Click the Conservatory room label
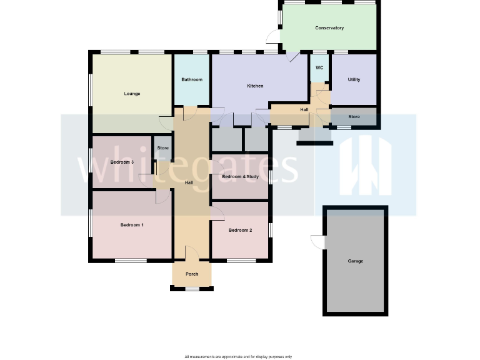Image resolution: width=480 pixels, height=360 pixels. [329, 28]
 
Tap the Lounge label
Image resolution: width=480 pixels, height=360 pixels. [132, 94]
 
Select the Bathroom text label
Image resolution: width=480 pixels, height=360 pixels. [192, 79]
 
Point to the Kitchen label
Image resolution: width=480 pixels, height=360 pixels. [255, 86]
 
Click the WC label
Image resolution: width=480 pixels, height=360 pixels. [319, 67]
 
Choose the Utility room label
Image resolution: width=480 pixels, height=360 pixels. [354, 79]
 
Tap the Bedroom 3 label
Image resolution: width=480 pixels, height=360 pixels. [122, 162]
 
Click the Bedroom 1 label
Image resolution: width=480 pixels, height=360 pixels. [132, 224]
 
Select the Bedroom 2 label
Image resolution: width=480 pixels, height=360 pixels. [240, 230]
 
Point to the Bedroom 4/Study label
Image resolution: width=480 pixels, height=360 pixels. [241, 177]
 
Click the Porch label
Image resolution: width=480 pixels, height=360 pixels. [192, 274]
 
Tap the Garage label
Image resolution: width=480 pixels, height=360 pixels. [355, 261]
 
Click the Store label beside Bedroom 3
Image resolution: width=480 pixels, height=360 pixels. [162, 147]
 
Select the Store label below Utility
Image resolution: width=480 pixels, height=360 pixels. [354, 116]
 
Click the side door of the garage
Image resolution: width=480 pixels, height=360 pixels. [317, 241]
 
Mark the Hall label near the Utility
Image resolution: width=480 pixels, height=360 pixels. [304, 110]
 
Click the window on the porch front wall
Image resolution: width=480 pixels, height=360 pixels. [192, 288]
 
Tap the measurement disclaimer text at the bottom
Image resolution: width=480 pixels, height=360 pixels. [238, 357]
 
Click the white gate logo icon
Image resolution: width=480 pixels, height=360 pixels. [365, 166]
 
